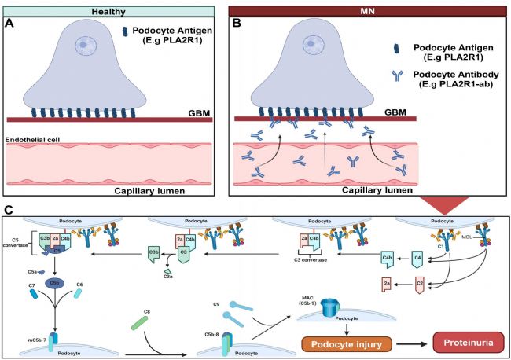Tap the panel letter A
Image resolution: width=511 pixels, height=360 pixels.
(9, 22)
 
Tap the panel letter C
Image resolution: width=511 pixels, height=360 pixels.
(8, 210)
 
